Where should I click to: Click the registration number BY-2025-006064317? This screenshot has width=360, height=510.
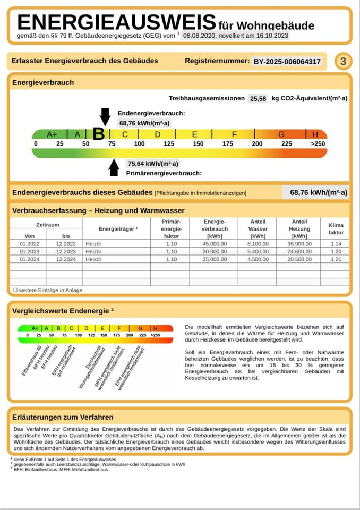(287, 62)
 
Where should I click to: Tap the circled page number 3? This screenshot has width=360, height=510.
(343, 62)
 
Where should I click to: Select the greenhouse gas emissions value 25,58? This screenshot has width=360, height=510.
(258, 98)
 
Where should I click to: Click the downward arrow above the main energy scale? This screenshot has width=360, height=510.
(105, 116)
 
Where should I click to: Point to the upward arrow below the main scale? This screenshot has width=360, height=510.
(114, 167)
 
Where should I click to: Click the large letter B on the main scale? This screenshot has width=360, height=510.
(99, 134)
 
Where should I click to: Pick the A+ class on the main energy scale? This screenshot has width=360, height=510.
(52, 134)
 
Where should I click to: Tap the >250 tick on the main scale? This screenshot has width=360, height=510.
(318, 144)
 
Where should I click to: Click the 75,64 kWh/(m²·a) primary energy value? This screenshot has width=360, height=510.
(153, 164)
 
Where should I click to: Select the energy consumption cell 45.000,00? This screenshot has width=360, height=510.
(215, 244)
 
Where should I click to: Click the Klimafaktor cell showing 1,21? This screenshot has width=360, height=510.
(336, 259)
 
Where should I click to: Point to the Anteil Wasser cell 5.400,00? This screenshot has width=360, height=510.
(258, 252)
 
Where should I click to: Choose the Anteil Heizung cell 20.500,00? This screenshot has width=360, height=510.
(299, 259)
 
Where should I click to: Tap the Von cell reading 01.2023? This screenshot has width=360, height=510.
(28, 252)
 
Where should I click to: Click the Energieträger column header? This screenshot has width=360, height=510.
(118, 229)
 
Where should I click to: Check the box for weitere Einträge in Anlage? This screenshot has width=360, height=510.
(15, 290)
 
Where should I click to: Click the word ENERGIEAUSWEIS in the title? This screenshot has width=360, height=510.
(117, 22)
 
